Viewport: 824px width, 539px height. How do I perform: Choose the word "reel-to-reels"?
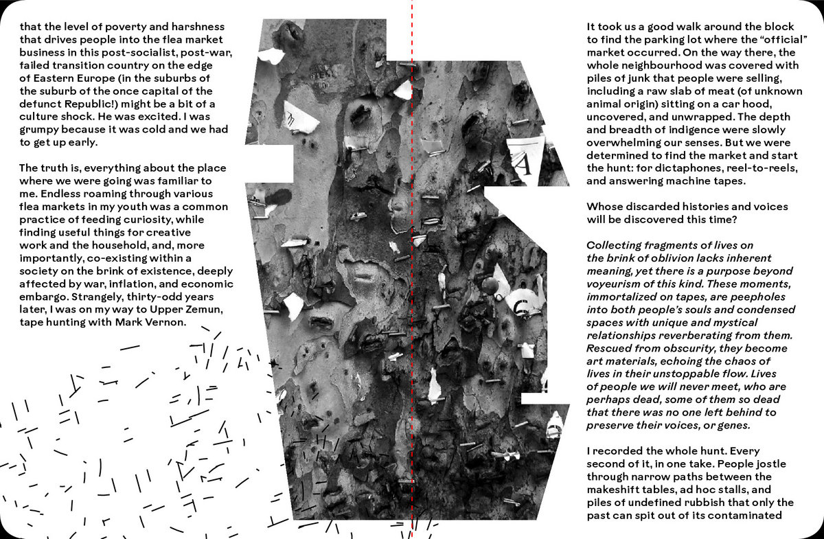758,168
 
